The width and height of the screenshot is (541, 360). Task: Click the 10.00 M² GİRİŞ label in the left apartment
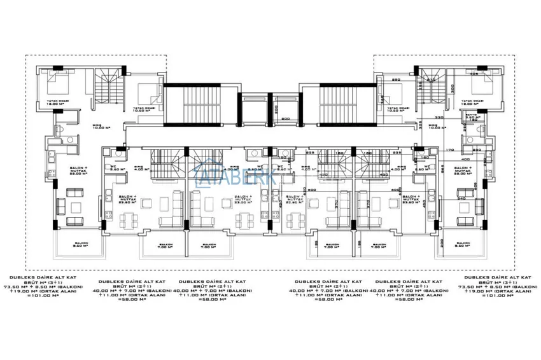point(99,127)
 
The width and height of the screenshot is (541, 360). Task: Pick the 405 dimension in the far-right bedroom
point(475,74)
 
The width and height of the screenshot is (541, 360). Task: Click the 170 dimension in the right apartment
point(449,150)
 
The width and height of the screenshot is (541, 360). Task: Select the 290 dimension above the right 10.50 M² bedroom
point(395,80)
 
